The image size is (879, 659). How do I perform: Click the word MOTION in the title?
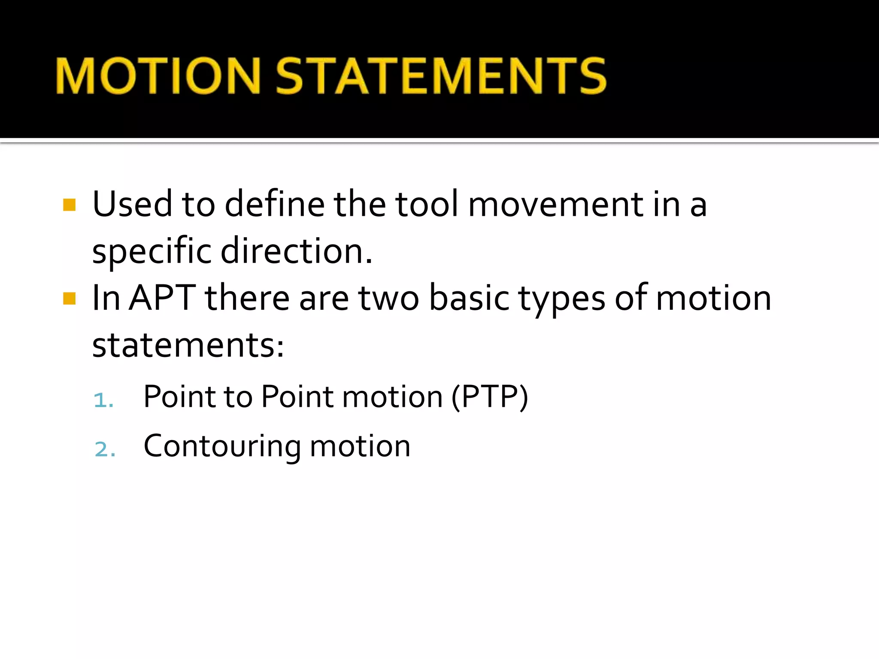pyautogui.click(x=158, y=76)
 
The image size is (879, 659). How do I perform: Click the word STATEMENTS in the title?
pyautogui.click(x=441, y=76)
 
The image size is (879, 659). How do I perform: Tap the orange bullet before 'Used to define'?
pyautogui.click(x=69, y=205)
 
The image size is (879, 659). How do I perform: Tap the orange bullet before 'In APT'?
pyautogui.click(x=69, y=298)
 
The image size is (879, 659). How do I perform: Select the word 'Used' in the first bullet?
pyautogui.click(x=132, y=204)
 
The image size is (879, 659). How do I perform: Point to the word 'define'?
pyautogui.click(x=275, y=204)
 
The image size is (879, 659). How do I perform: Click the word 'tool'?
pyautogui.click(x=427, y=204)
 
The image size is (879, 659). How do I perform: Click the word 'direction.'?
pyautogui.click(x=296, y=251)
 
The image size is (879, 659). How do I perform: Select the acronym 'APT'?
pyautogui.click(x=162, y=298)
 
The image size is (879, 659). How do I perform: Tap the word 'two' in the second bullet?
pyautogui.click(x=388, y=299)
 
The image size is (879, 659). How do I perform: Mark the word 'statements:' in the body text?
pyautogui.click(x=188, y=345)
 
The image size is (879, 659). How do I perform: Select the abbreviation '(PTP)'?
pyautogui.click(x=489, y=397)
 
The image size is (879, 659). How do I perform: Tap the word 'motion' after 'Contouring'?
pyautogui.click(x=360, y=446)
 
